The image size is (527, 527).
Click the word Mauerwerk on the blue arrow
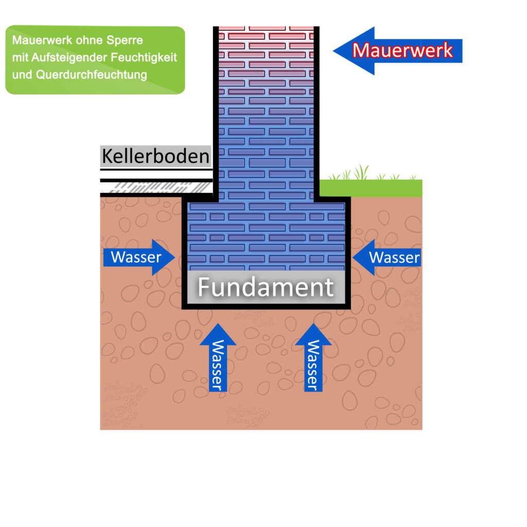coord(403,50)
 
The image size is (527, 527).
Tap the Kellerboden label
coord(155,156)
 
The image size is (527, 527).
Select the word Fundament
coord(266,287)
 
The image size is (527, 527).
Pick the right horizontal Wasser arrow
coord(389,257)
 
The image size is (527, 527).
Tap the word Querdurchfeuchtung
coord(92,75)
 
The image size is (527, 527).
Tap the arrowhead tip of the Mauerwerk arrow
coord(336,50)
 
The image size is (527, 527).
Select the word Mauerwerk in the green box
coord(36,40)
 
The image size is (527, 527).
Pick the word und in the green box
coord(22,75)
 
